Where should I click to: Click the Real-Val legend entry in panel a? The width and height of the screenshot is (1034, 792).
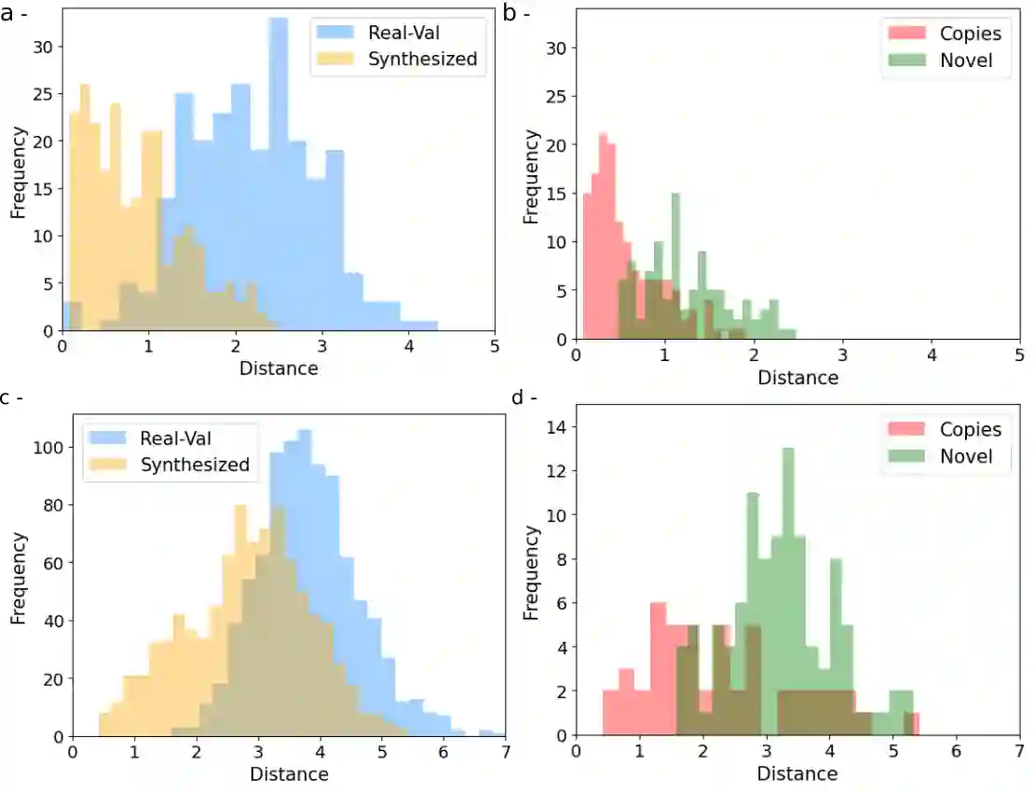(x=396, y=33)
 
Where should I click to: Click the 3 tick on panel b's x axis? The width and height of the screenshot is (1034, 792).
(x=842, y=355)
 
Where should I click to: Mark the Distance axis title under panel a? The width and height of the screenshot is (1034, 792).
(x=279, y=369)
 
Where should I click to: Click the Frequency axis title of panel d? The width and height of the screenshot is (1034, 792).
(x=531, y=573)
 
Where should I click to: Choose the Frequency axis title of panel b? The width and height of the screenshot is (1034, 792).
(x=531, y=177)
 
